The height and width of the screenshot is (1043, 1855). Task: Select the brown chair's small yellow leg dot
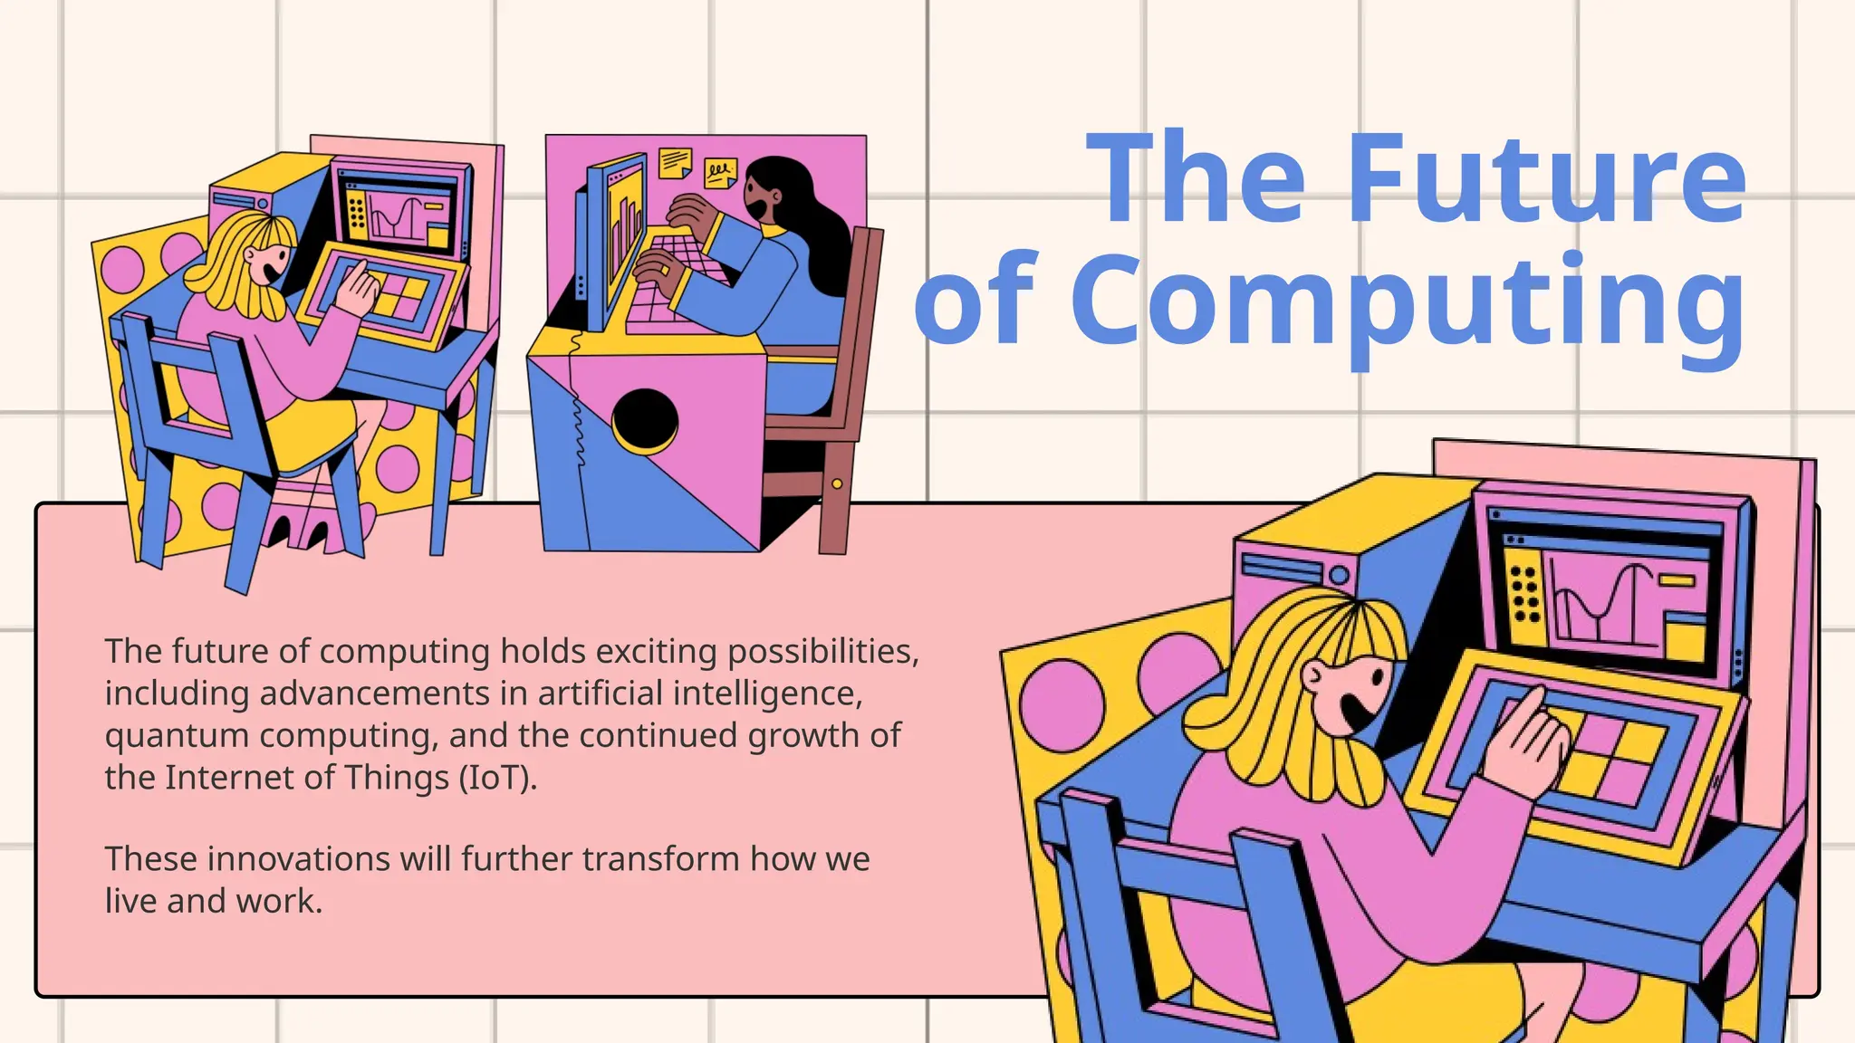[837, 484]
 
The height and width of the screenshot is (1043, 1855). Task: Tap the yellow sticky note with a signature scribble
[720, 172]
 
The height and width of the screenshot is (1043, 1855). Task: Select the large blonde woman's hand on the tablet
[1526, 744]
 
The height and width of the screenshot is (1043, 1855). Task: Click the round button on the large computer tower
[1340, 575]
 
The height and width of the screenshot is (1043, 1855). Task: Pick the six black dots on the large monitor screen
[1525, 594]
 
